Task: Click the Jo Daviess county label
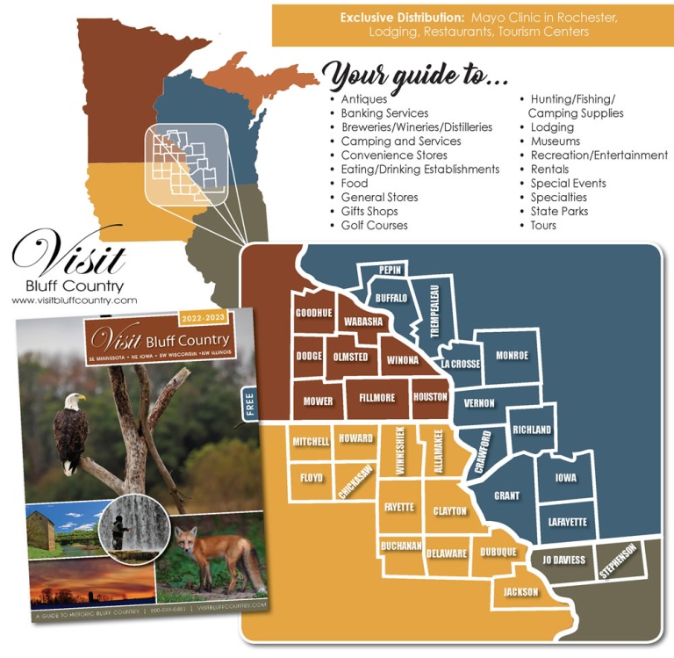pyautogui.click(x=563, y=560)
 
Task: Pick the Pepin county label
pyautogui.click(x=390, y=271)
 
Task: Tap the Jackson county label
pyautogui.click(x=520, y=592)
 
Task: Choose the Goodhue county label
pyautogui.click(x=313, y=314)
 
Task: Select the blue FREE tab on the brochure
pyautogui.click(x=247, y=404)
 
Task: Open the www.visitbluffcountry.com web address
pyautogui.click(x=75, y=300)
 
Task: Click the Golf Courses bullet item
pyautogui.click(x=374, y=226)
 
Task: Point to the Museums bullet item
pyautogui.click(x=555, y=141)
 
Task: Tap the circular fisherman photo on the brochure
pyautogui.click(x=122, y=527)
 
